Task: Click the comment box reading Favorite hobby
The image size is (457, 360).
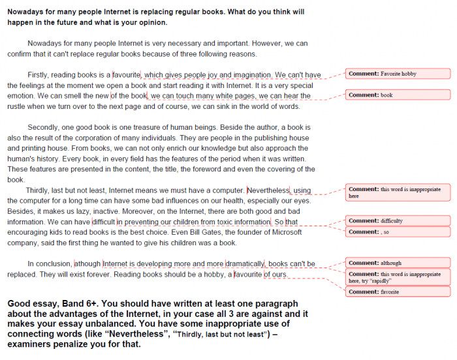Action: point(398,74)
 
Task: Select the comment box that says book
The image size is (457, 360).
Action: point(398,95)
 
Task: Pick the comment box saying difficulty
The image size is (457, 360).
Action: point(398,221)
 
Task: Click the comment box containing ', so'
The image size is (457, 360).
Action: point(398,232)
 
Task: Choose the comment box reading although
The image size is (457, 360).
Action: point(398,263)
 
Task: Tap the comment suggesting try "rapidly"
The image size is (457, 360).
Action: point(398,277)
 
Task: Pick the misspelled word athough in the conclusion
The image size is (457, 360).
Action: point(88,264)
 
